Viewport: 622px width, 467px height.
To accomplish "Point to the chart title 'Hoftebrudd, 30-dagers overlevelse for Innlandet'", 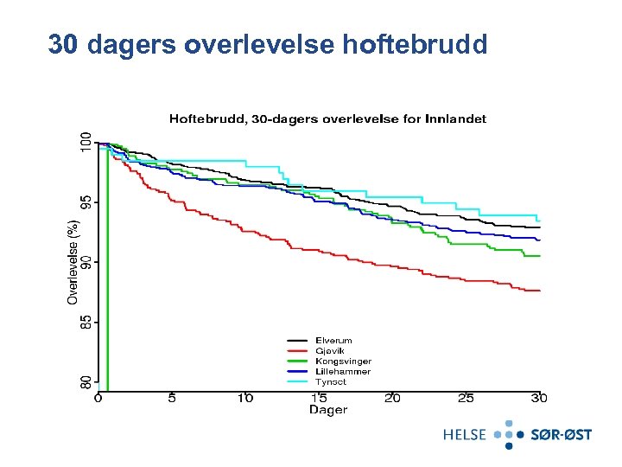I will click(x=327, y=118).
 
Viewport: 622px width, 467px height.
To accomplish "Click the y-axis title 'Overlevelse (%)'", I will click(x=73, y=260).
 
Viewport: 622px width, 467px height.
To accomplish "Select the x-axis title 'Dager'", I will click(x=327, y=410).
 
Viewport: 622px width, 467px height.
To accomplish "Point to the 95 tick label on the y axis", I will click(x=85, y=202).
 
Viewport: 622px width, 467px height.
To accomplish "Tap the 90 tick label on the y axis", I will click(x=85, y=261).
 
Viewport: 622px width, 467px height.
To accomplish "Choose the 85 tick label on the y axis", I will click(x=85, y=321).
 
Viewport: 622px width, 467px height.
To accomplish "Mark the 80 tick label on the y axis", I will click(x=85, y=381).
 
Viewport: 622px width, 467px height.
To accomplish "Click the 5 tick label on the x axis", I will click(x=172, y=398).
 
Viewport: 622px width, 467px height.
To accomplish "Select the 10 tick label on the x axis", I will click(x=245, y=398).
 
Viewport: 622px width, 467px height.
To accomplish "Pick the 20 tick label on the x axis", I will click(x=392, y=398).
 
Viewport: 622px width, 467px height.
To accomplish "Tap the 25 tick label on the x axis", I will click(x=466, y=398).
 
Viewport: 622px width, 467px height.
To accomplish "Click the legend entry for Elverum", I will click(x=333, y=341).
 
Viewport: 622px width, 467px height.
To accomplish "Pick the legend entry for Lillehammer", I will click(x=342, y=372).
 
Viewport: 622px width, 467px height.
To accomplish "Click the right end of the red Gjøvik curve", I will click(x=539, y=291).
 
